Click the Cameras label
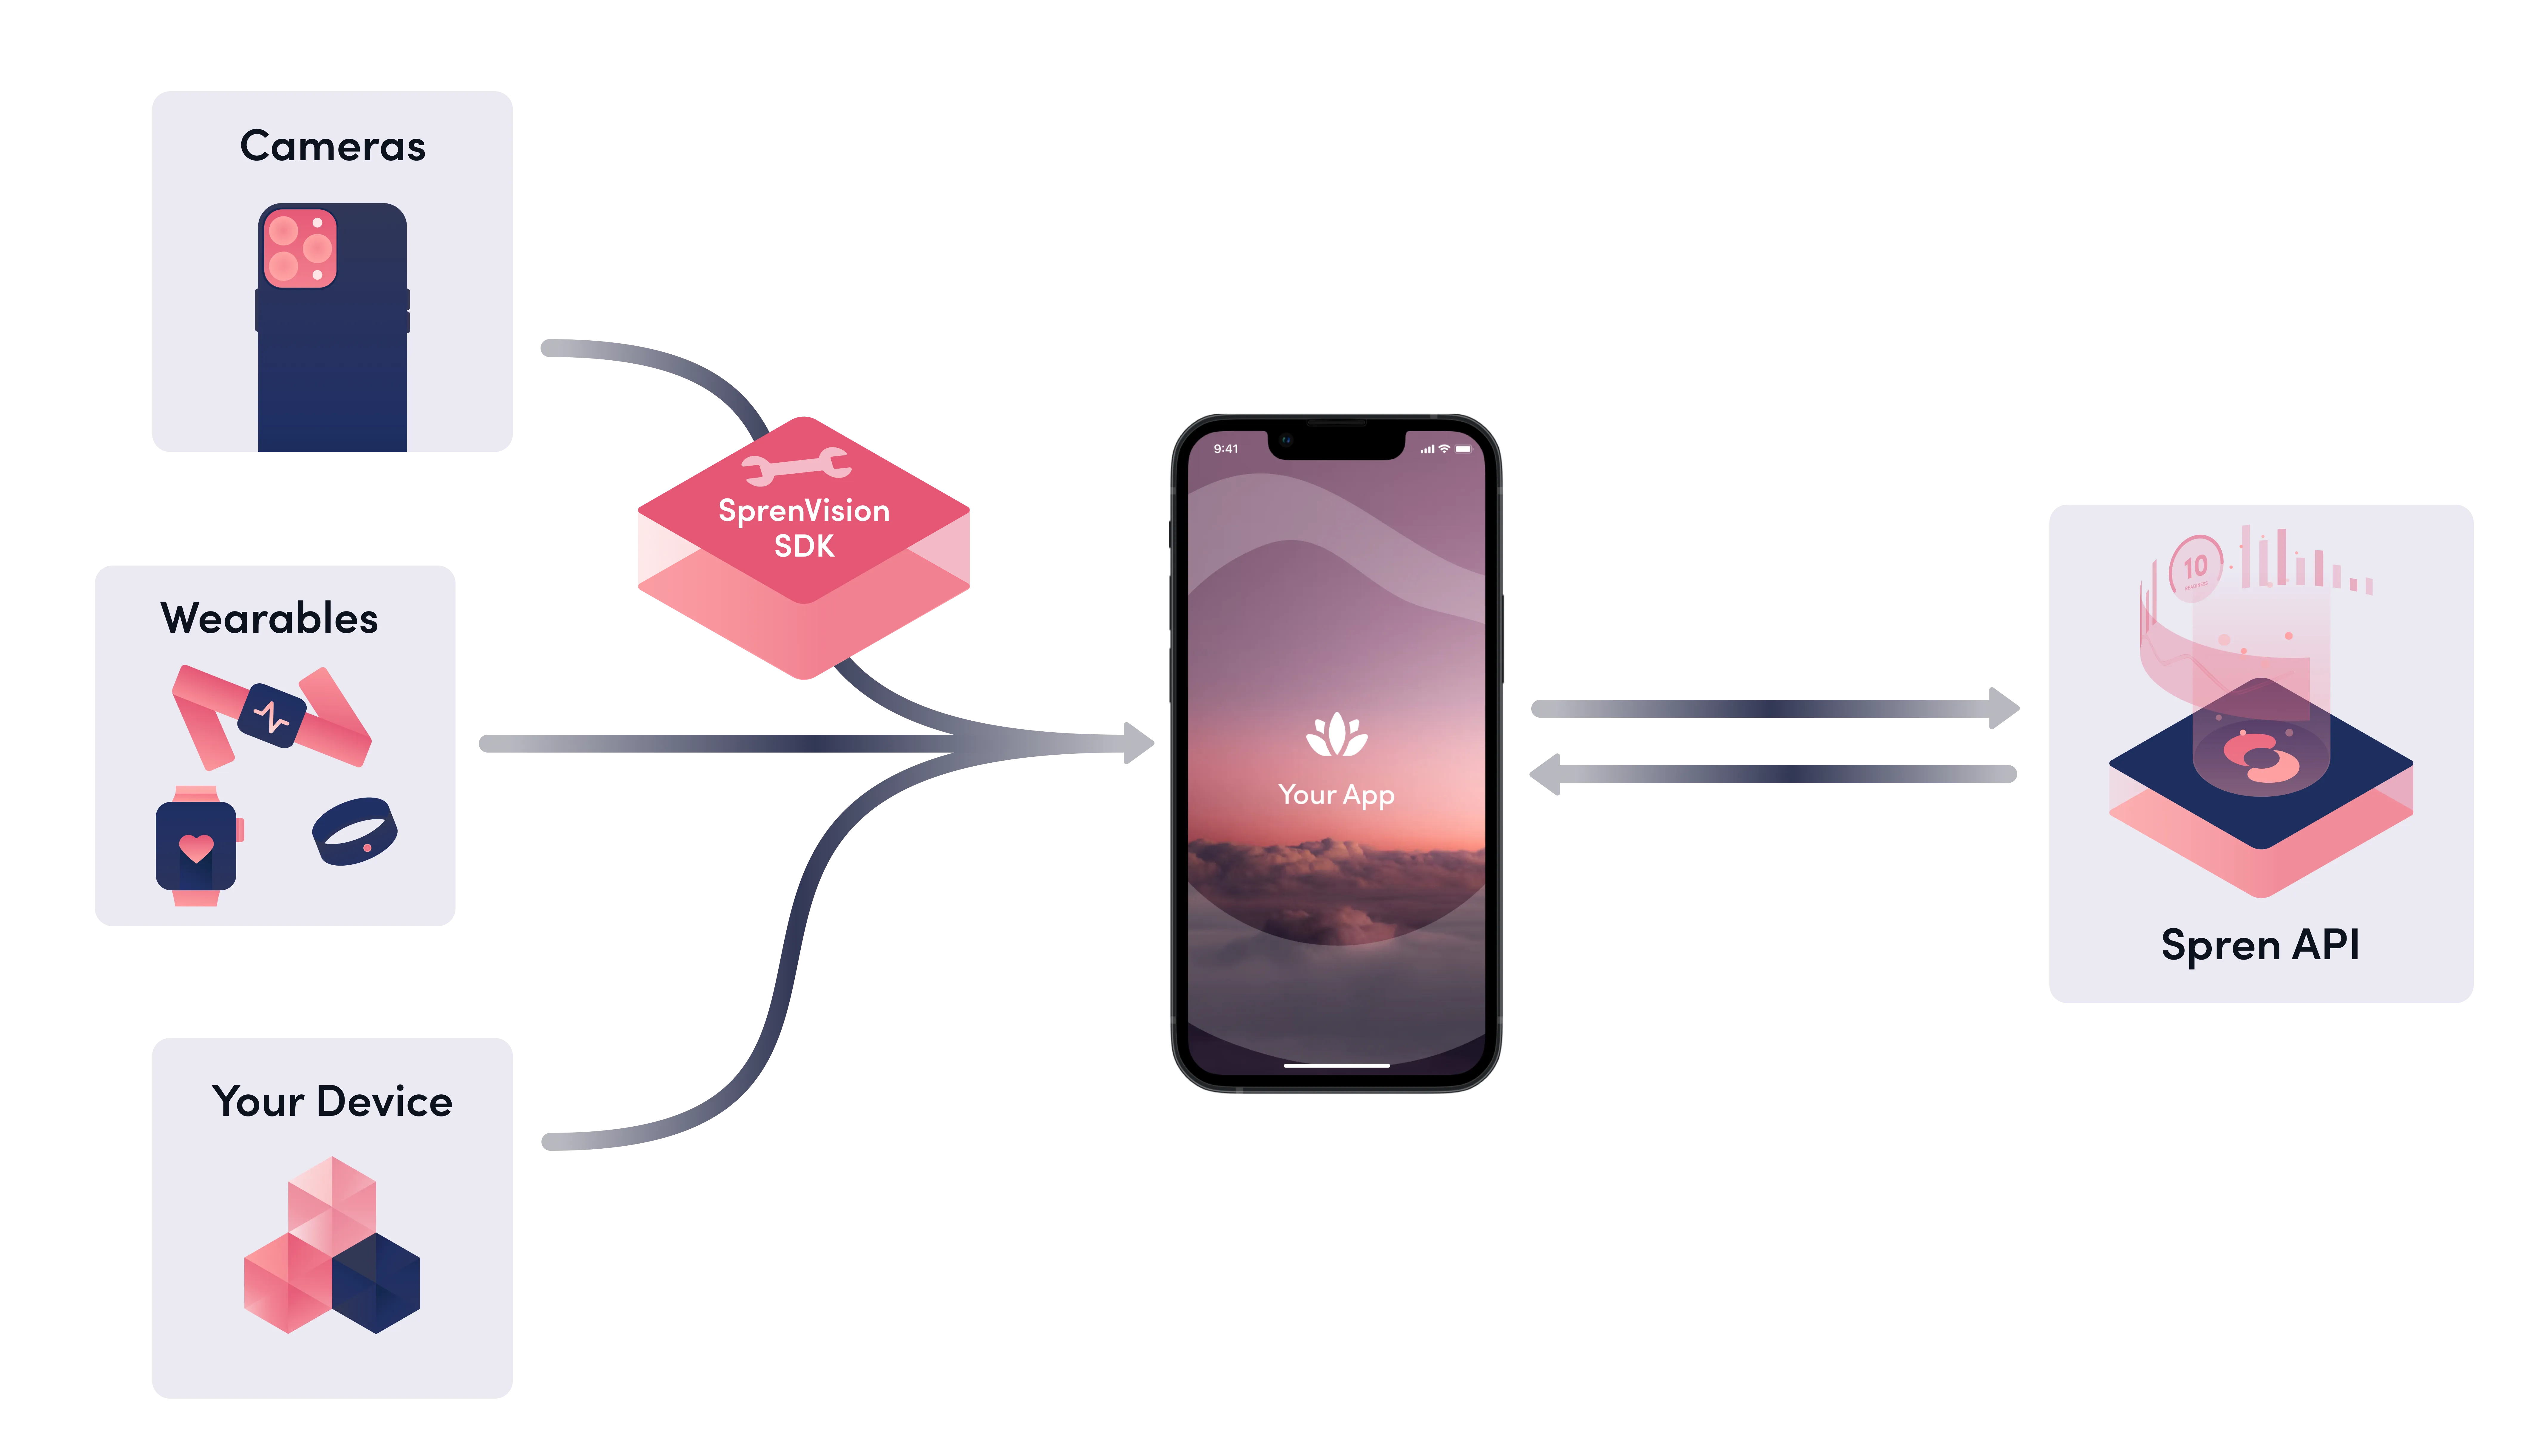click(x=333, y=146)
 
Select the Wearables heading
click(x=270, y=619)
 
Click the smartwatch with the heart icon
click(x=197, y=845)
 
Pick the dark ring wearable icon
click(x=355, y=830)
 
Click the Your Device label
click(x=333, y=1101)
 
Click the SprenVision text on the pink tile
click(x=804, y=511)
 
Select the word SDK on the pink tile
click(x=804, y=546)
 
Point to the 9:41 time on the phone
click(x=1226, y=449)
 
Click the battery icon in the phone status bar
click(x=1463, y=449)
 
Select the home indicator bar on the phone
click(x=1337, y=1065)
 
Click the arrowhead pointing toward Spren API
click(x=2004, y=708)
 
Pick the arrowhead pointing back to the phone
click(x=1545, y=774)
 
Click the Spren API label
click(x=2260, y=944)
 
